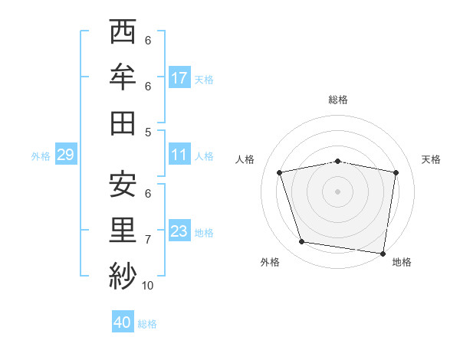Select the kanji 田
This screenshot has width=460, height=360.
[x=123, y=123]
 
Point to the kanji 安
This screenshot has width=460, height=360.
[x=123, y=185]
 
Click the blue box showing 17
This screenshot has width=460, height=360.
[x=179, y=78]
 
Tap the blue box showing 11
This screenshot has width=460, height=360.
[x=179, y=155]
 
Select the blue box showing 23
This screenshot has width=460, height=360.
[x=179, y=231]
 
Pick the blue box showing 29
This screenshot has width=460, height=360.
[x=65, y=155]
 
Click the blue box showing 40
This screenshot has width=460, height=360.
[x=123, y=322]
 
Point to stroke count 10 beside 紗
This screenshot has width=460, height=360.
[x=148, y=286]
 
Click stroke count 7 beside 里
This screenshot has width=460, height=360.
[x=148, y=240]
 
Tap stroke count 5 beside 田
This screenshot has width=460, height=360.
[x=148, y=132]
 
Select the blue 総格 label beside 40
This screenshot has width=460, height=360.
[x=148, y=324]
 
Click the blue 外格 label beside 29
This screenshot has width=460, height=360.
[x=41, y=156]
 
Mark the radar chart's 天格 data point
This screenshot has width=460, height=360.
[x=396, y=172]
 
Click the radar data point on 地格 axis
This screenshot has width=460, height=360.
[x=383, y=253]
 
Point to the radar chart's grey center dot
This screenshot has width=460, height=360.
[x=337, y=191]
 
